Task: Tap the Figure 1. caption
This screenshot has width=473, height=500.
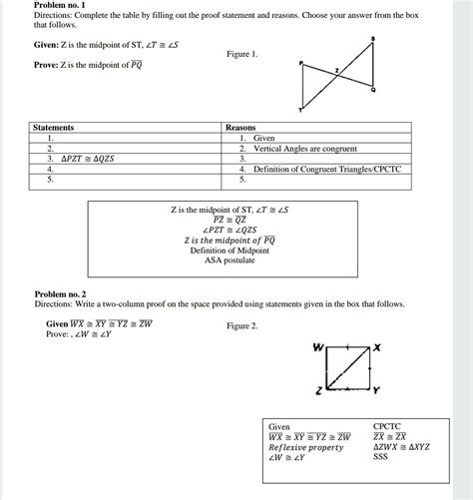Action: [241, 55]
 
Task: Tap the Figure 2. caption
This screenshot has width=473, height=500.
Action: [242, 326]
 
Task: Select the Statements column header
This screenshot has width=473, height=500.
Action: [54, 128]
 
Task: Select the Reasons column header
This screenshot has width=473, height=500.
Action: [241, 128]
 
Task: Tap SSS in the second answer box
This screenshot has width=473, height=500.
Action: [380, 458]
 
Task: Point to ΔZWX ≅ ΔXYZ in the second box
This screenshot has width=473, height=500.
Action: [401, 447]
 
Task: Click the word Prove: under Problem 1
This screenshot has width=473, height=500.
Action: [46, 65]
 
